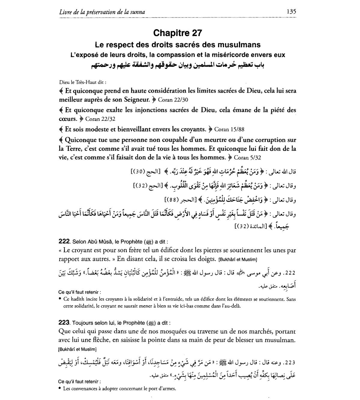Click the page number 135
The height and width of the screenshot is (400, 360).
tap(291, 11)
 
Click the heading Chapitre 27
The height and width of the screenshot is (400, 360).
tap(178, 33)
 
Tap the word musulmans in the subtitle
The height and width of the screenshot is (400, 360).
tap(235, 45)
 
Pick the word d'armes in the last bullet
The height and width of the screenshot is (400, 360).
tap(167, 389)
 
